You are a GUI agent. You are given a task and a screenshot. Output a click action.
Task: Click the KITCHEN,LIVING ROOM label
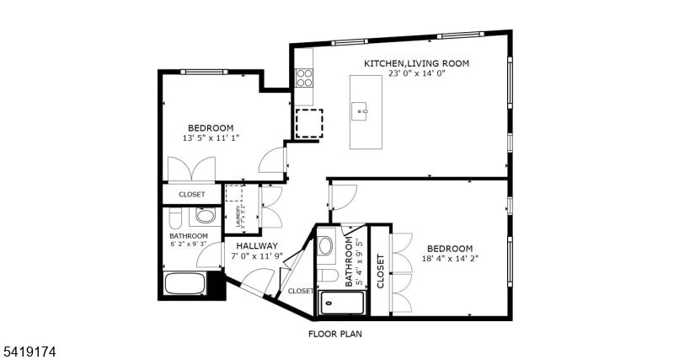pyautogui.click(x=416, y=63)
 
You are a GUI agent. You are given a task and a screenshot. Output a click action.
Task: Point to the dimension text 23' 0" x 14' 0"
pyautogui.click(x=416, y=73)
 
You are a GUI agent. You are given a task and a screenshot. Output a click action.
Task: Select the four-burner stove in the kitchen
pyautogui.click(x=304, y=78)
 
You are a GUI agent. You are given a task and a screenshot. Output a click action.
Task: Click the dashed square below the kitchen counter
pyautogui.click(x=308, y=123)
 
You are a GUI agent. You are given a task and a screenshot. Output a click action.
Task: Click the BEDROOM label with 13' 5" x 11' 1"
pyautogui.click(x=211, y=128)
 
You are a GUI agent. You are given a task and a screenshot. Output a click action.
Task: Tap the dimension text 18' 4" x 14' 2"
pyautogui.click(x=449, y=259)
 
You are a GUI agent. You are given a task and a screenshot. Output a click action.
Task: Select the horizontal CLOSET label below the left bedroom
pyautogui.click(x=191, y=195)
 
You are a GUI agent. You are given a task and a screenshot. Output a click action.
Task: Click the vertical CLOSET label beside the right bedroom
pyautogui.click(x=380, y=271)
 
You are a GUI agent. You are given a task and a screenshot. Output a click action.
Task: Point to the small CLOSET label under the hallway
pyautogui.click(x=300, y=291)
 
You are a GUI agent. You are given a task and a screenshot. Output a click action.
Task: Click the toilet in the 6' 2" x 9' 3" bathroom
pyautogui.click(x=174, y=220)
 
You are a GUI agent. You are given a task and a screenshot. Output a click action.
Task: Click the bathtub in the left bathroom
pyautogui.click(x=185, y=283)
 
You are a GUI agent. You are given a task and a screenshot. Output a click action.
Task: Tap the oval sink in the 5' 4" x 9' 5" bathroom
pyautogui.click(x=326, y=247)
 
